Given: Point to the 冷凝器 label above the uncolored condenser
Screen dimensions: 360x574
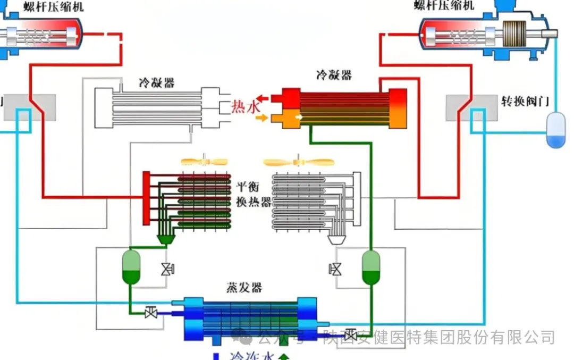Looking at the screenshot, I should point(157,83).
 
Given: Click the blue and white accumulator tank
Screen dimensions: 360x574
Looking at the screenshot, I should point(556,129).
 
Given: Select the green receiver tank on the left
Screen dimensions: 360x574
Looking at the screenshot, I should point(131,266).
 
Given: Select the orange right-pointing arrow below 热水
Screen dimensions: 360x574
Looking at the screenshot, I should point(261,118).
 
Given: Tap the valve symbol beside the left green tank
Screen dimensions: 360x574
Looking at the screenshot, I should point(167,269).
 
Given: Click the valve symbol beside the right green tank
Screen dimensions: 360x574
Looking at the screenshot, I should point(335,269).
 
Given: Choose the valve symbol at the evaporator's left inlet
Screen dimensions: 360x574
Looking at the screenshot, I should point(151,313).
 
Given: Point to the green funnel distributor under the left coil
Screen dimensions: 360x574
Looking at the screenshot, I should point(166,239).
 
